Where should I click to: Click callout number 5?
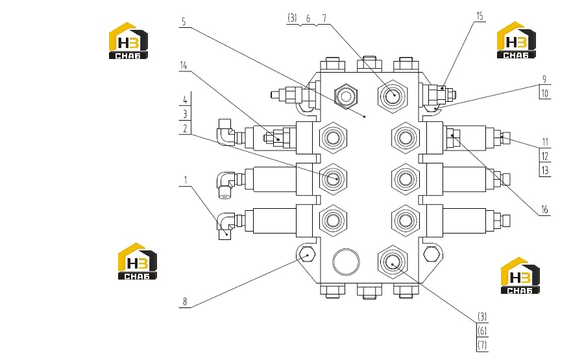(x=184, y=22)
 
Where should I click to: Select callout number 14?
(x=183, y=66)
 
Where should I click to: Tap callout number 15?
(x=480, y=16)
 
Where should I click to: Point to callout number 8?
(x=185, y=302)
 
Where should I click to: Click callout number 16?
(x=544, y=210)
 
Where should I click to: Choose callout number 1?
(x=185, y=180)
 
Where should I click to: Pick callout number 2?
(x=185, y=129)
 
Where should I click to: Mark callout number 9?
(x=544, y=79)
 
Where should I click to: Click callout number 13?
(x=545, y=171)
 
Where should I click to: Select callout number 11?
(x=545, y=142)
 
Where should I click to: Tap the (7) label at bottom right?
(x=482, y=345)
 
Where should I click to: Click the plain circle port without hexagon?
(x=346, y=261)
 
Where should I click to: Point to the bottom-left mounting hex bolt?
(x=308, y=255)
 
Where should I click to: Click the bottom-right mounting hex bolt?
(x=432, y=254)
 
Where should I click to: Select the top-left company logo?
(x=128, y=41)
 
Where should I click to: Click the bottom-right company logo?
(x=520, y=276)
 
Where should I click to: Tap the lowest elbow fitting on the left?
(x=226, y=225)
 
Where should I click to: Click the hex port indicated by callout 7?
(x=392, y=96)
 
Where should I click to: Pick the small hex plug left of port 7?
(x=346, y=97)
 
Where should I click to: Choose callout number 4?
(x=185, y=100)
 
